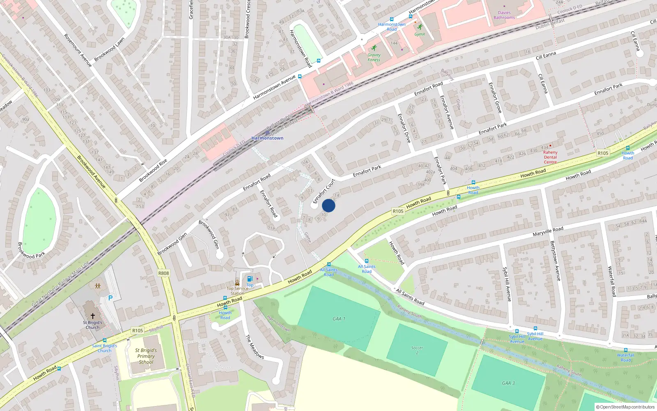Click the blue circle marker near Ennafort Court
pyautogui.click(x=328, y=205)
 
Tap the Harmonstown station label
pyautogui.click(x=267, y=138)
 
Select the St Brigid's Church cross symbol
pyautogui.click(x=93, y=316)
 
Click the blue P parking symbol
pyautogui.click(x=110, y=298)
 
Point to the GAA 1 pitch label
pyautogui.click(x=339, y=319)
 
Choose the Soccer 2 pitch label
pyautogui.click(x=417, y=350)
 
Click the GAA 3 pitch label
pyautogui.click(x=508, y=383)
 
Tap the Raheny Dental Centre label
pyautogui.click(x=550, y=157)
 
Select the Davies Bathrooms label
pyautogui.click(x=504, y=15)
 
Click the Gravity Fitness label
pyautogui.click(x=374, y=57)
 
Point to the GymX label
pyautogui.click(x=419, y=34)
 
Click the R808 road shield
pyautogui.click(x=163, y=273)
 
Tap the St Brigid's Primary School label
pyautogui.click(x=146, y=356)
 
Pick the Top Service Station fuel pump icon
pyautogui.click(x=250, y=279)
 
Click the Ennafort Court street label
pyautogui.click(x=324, y=191)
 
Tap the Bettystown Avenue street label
pyautogui.click(x=555, y=261)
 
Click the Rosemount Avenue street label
pyautogui.click(x=78, y=51)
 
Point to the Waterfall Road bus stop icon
pyautogui.click(x=625, y=350)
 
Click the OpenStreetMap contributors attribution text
pyautogui.click(x=625, y=407)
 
